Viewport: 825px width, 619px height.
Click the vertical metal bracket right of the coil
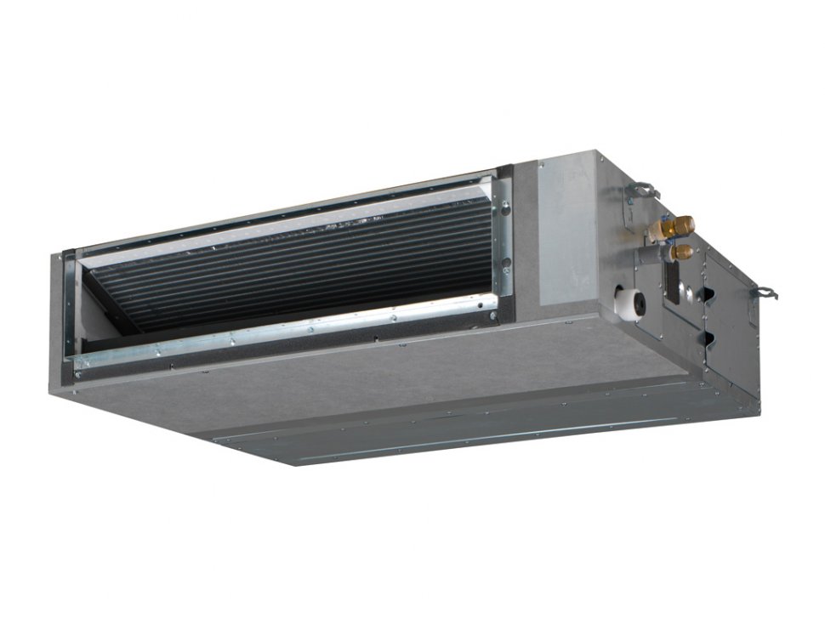[504, 247]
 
